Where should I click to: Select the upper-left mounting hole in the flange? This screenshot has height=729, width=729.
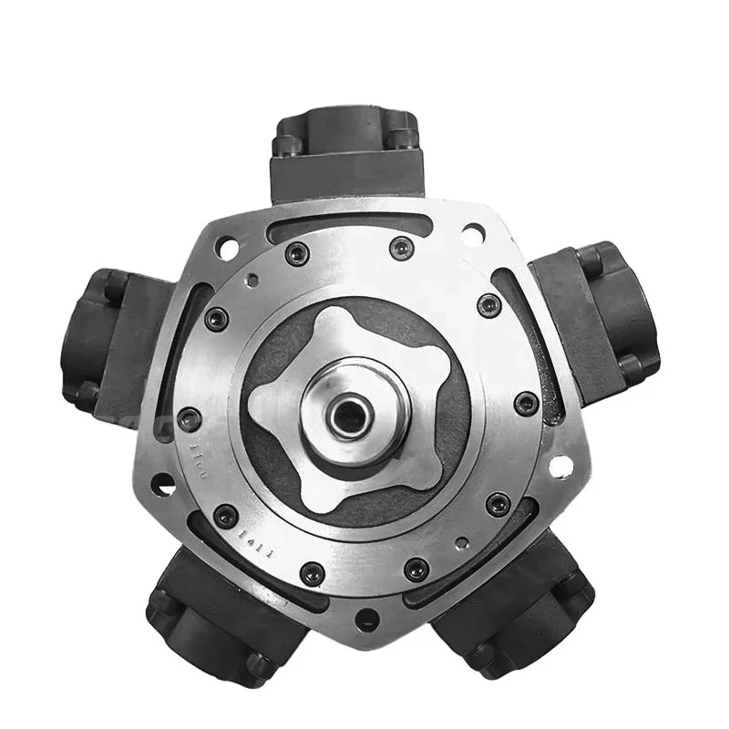[226, 246]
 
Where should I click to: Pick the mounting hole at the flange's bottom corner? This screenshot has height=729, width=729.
[366, 620]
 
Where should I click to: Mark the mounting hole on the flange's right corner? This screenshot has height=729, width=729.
[561, 466]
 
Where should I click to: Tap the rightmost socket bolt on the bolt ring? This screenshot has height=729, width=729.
[527, 403]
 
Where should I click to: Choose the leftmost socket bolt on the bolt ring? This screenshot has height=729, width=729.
[189, 420]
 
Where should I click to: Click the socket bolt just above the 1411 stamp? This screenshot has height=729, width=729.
[226, 516]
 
